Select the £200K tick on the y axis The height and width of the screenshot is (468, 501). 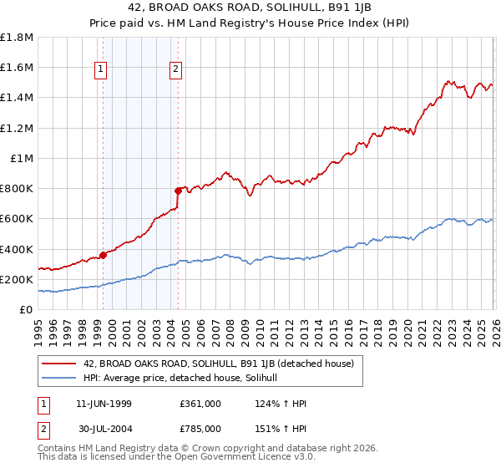pyautogui.click(x=17, y=280)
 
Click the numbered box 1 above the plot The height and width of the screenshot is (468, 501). pyautogui.click(x=100, y=70)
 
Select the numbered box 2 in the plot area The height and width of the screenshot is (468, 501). pyautogui.click(x=177, y=70)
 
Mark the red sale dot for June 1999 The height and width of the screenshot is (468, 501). pyautogui.click(x=104, y=255)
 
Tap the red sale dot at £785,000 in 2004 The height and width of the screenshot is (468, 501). pyautogui.click(x=179, y=191)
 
